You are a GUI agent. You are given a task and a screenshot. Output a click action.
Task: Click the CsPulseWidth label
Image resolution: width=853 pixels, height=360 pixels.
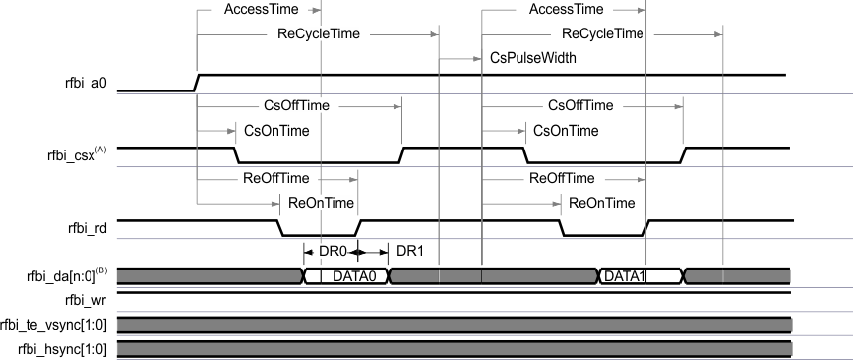point(532,59)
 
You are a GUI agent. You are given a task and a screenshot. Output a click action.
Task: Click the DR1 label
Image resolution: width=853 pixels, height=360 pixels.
point(409,252)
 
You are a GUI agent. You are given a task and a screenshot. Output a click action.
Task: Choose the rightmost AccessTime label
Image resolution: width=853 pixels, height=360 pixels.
point(566,10)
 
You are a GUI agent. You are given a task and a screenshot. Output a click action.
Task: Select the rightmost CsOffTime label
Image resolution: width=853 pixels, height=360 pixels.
point(579,105)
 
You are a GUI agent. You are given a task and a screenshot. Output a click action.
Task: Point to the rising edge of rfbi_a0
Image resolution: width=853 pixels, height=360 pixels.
point(197,82)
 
